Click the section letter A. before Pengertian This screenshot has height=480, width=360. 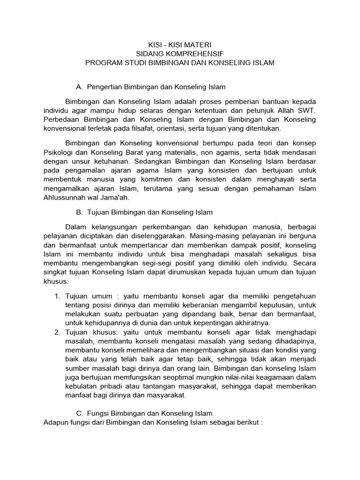(79, 87)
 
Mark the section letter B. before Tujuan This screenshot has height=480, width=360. (79, 212)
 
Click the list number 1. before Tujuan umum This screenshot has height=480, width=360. (57, 296)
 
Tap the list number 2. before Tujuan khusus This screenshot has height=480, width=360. (57, 332)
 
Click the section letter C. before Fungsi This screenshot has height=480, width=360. (79, 413)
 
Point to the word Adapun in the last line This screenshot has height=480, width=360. (55, 422)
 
